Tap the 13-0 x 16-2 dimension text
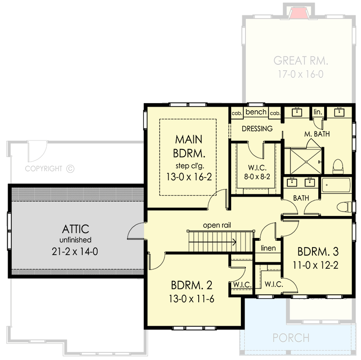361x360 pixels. [x=188, y=177]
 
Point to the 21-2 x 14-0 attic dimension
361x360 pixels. [x=75, y=252]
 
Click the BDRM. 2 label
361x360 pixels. [x=191, y=285]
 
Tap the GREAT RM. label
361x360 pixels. [x=301, y=61]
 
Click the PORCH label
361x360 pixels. [x=291, y=337]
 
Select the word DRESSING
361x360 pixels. [x=257, y=129]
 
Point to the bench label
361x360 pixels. [x=257, y=112]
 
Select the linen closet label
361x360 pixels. [x=268, y=248]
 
